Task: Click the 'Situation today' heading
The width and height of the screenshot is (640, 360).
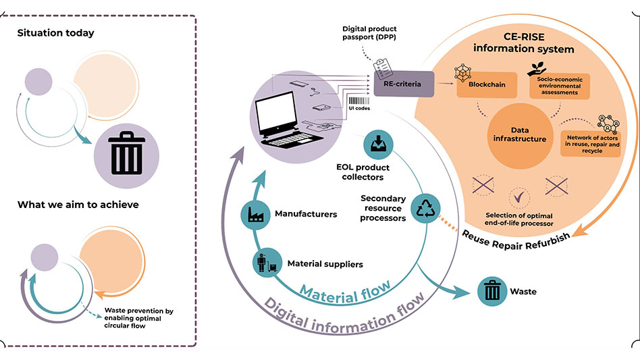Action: pos(56,33)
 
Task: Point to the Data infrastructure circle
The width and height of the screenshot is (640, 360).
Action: pos(519,134)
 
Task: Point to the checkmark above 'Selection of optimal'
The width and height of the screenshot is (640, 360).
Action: pos(520,198)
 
